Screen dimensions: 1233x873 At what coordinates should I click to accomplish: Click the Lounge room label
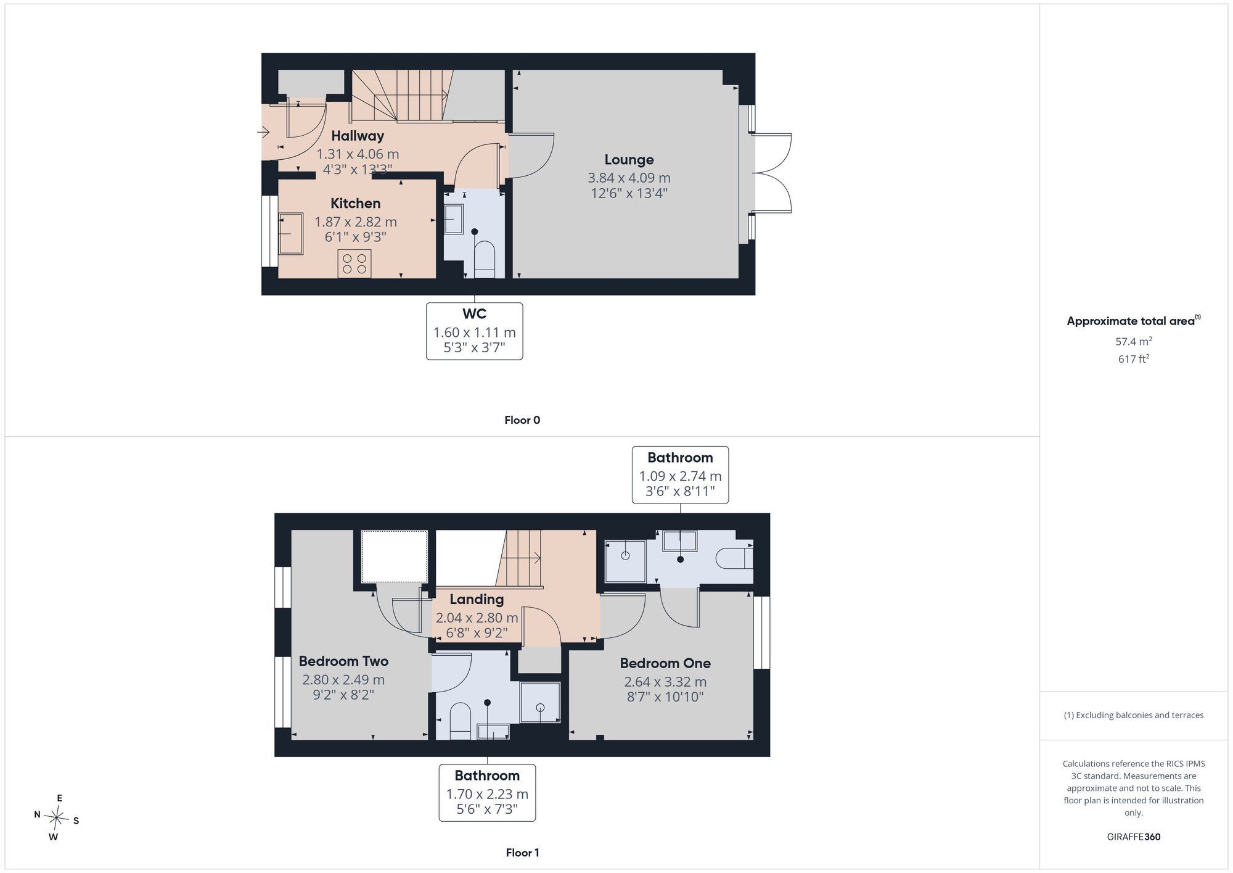click(629, 160)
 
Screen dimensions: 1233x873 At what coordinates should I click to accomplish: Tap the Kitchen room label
click(355, 204)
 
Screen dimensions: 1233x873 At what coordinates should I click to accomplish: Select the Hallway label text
click(358, 136)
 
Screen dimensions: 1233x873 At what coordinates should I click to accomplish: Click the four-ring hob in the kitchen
click(354, 264)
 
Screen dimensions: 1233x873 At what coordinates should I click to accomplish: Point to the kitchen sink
click(290, 234)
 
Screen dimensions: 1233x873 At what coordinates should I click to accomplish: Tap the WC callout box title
click(474, 314)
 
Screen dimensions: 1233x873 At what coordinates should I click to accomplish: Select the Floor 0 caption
click(522, 420)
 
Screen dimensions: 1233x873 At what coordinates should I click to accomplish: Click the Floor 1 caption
click(522, 853)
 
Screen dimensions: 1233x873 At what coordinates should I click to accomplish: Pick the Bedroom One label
click(665, 663)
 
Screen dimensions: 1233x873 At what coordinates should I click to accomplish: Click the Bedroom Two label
click(343, 661)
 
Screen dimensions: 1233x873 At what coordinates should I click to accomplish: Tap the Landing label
click(477, 599)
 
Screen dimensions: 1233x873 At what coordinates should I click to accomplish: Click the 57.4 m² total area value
click(1134, 341)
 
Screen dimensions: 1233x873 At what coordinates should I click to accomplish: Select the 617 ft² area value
click(1134, 358)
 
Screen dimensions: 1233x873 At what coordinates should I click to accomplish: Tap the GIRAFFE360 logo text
click(1134, 837)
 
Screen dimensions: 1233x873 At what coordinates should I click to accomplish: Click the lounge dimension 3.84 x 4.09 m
click(629, 178)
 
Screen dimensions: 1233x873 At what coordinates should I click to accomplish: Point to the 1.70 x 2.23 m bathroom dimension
click(487, 794)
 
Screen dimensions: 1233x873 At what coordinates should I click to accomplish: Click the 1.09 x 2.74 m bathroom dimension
click(680, 476)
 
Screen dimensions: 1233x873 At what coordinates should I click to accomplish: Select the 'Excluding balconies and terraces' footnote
click(1134, 715)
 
